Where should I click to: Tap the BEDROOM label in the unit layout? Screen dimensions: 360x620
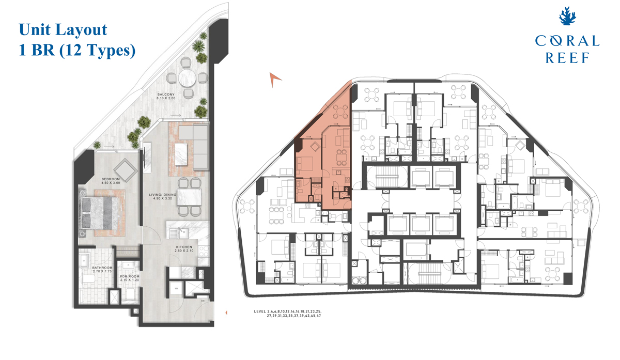click(111, 179)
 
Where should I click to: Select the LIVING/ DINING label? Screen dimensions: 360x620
click(163, 195)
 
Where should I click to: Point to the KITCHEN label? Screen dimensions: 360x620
click(184, 247)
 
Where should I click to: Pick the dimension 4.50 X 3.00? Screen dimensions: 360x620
click(111, 183)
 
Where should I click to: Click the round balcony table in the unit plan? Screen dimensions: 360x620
click(188, 80)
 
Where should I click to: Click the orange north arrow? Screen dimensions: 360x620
click(275, 78)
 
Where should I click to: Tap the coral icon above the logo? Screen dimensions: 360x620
click(567, 18)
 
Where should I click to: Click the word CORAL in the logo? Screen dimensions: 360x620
click(567, 42)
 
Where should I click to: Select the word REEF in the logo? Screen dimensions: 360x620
click(567, 58)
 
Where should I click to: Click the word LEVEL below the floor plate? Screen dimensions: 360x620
click(260, 312)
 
